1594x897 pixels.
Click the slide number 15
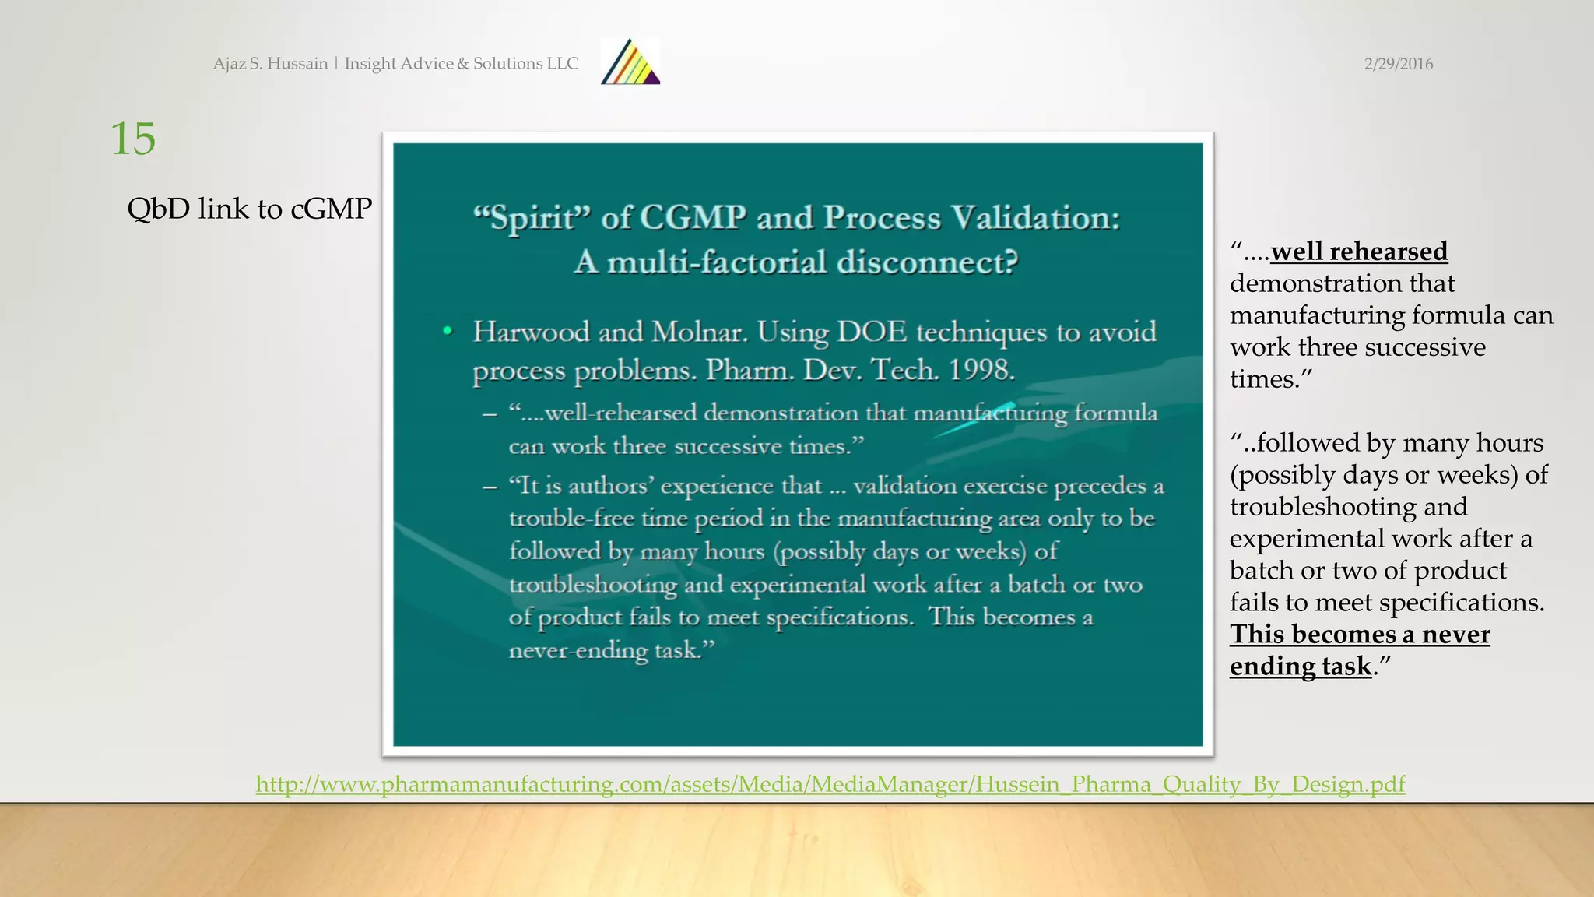[133, 139]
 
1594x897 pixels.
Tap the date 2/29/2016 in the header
[1398, 64]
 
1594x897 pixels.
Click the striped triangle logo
[630, 62]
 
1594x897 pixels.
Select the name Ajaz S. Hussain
[270, 63]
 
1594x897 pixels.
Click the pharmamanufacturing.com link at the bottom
[830, 783]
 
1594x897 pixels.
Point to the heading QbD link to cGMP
[249, 209]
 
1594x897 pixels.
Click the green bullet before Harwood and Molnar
[448, 331]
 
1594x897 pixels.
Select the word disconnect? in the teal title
[927, 262]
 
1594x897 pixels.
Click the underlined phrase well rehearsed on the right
[1359, 252]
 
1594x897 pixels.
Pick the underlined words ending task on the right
[1301, 667]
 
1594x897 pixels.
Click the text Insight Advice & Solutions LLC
[461, 63]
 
